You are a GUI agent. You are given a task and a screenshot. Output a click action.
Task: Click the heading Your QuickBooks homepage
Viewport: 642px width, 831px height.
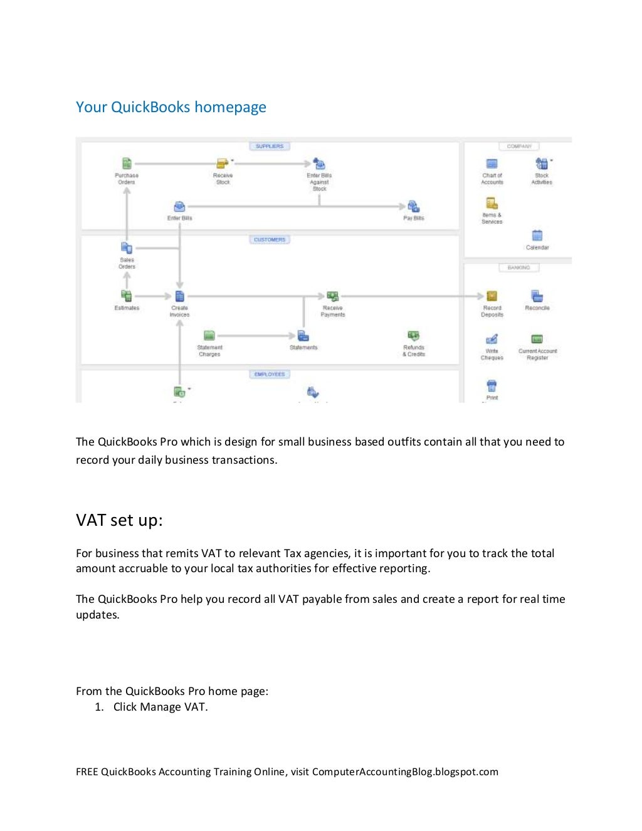point(171,107)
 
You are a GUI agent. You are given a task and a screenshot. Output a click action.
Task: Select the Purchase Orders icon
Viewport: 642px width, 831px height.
point(127,164)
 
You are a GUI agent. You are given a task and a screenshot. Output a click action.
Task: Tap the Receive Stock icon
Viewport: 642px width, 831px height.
point(223,164)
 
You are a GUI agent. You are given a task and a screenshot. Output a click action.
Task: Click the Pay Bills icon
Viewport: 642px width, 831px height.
point(413,206)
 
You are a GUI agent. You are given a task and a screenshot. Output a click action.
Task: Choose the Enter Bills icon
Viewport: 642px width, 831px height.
point(179,206)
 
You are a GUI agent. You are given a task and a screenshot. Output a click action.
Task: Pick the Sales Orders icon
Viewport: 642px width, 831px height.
point(127,248)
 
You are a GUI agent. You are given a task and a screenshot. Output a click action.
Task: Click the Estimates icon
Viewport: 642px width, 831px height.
point(127,296)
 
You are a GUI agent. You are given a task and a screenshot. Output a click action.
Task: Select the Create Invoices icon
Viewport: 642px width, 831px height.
point(179,296)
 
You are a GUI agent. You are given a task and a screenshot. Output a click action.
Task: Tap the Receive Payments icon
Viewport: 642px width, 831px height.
point(332,296)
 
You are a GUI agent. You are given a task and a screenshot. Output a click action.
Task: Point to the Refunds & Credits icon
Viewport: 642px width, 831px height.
point(413,336)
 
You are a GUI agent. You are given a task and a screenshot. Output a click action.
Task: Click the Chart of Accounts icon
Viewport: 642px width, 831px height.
point(492,164)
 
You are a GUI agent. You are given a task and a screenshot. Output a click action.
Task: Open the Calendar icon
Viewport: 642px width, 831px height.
point(537,236)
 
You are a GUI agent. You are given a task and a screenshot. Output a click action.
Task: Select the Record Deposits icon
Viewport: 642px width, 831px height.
point(492,296)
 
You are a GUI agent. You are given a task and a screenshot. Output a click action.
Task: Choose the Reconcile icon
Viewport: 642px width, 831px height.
point(537,296)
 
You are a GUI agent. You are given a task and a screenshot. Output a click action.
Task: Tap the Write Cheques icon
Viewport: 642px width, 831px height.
point(492,340)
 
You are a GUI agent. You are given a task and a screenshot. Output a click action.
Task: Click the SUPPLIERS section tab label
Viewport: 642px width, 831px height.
point(270,146)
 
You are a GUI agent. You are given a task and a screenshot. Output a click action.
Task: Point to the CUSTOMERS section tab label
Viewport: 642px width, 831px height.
point(270,239)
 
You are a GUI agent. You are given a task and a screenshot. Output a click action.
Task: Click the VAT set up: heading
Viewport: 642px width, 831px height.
point(119,520)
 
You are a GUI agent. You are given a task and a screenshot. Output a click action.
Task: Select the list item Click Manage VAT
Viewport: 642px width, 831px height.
point(160,707)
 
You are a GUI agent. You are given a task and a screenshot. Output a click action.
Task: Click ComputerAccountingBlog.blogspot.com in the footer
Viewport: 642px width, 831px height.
point(405,772)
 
